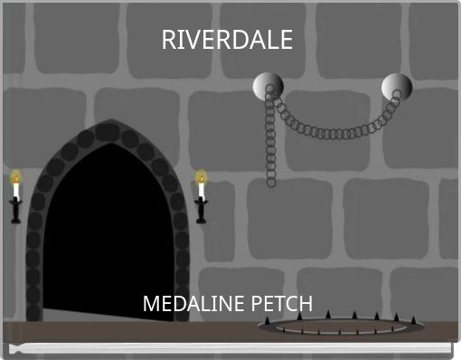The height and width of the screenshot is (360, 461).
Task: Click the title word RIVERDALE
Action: (227, 41)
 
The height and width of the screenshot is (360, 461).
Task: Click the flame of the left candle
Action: (15, 177)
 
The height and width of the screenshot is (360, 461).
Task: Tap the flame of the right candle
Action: (201, 176)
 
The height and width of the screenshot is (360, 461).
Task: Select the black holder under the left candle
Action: (15, 210)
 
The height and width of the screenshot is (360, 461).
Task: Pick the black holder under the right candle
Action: (201, 210)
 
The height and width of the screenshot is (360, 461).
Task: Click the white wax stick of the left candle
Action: (15, 191)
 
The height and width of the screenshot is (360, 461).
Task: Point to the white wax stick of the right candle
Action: (201, 190)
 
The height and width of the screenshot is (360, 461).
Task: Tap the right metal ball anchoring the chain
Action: (394, 87)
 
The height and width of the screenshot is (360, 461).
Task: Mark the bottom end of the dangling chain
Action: (270, 182)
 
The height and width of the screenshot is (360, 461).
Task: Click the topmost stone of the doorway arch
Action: (108, 132)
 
